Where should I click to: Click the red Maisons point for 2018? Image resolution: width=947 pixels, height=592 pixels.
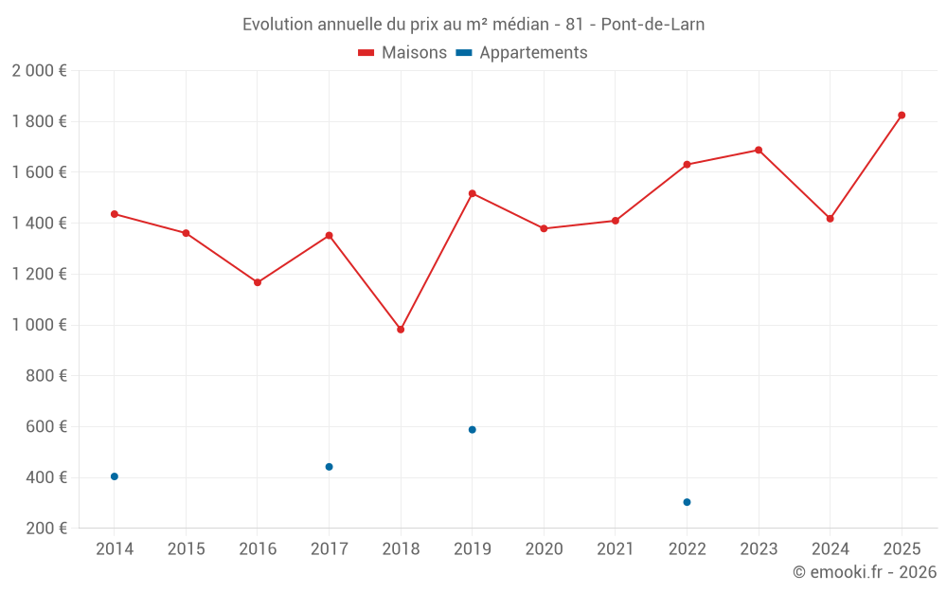point(401,330)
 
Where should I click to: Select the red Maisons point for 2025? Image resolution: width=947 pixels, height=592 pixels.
point(902,116)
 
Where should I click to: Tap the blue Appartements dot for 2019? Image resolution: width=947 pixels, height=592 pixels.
point(472,430)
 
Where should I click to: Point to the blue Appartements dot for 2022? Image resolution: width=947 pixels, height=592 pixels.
point(687,502)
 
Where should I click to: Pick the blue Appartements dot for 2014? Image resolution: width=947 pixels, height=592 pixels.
point(115,476)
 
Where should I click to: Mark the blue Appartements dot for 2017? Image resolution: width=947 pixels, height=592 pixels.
point(329,467)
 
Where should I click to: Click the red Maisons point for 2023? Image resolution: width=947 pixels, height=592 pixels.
point(759,150)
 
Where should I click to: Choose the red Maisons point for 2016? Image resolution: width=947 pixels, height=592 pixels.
point(258,282)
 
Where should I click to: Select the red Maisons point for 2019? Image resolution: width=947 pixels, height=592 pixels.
point(472,193)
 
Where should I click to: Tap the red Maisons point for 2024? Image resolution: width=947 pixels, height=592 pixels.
point(830,219)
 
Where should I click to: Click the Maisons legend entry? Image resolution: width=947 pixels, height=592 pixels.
point(402,53)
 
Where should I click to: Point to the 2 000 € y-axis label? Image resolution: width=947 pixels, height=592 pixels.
point(39,71)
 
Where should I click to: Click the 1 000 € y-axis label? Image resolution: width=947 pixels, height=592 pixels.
point(39,325)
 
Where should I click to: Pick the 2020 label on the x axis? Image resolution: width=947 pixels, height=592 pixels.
point(544,549)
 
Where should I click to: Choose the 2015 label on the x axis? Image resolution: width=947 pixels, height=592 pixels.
point(186,549)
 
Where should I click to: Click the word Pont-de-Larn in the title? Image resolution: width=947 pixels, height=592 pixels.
point(652,24)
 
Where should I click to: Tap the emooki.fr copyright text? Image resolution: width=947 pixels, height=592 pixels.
point(865,572)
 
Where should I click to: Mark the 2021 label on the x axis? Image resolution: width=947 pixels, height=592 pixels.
point(616,549)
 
